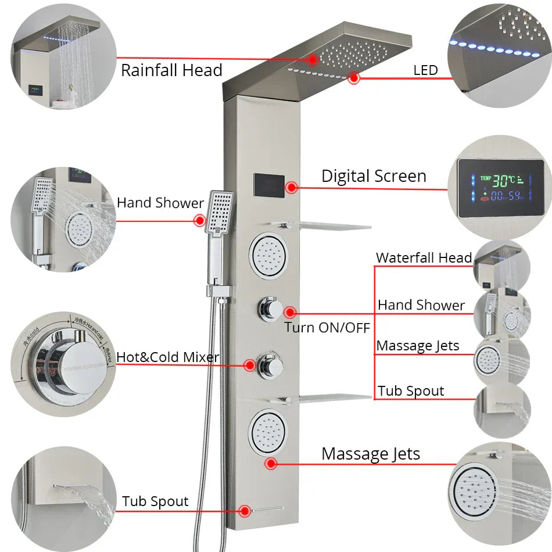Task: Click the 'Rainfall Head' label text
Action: pos(171,70)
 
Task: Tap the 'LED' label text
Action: pos(425,70)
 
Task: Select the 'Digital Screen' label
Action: pos(374,176)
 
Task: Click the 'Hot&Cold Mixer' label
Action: pos(167,357)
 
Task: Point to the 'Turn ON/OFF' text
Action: pos(327,327)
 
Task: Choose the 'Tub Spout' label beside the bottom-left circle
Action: pos(155,501)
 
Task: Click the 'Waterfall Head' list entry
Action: pos(424,257)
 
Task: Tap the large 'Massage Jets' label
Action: pos(371,454)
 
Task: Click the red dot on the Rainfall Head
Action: pos(313,59)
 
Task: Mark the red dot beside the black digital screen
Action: pos(292,187)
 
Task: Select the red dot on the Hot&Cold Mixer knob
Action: pos(250,365)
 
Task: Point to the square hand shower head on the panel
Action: pos(220,212)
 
